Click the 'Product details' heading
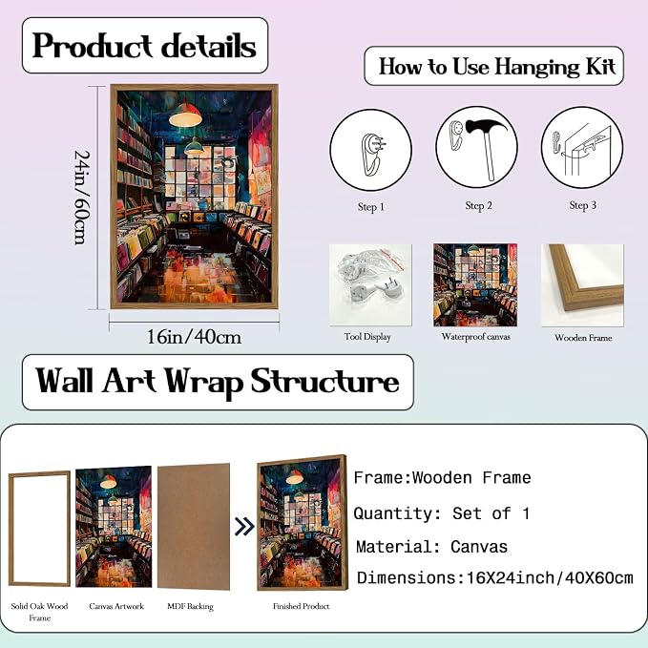click(x=144, y=46)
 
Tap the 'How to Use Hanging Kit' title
click(x=497, y=67)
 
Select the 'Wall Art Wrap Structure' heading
click(x=218, y=381)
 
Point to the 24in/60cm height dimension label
click(x=82, y=198)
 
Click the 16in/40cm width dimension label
click(x=195, y=337)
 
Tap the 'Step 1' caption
click(x=371, y=207)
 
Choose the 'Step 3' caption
click(x=583, y=205)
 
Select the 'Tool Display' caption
click(x=367, y=337)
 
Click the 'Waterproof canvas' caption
click(x=475, y=336)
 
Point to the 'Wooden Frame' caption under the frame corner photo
click(x=583, y=338)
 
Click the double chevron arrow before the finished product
click(x=244, y=526)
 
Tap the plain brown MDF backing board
click(x=194, y=526)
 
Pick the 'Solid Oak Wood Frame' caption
click(x=40, y=612)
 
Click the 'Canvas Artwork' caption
click(x=116, y=606)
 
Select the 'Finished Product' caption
click(x=302, y=606)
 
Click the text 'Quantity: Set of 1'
click(x=441, y=513)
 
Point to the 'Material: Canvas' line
click(x=431, y=547)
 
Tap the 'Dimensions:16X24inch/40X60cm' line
click(x=494, y=577)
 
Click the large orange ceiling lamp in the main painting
click(x=185, y=115)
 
